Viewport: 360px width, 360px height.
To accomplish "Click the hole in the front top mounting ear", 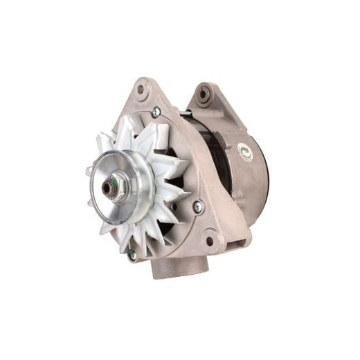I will click(142, 89).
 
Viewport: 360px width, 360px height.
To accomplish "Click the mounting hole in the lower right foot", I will click(210, 241).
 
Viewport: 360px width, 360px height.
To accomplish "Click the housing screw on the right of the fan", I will click(198, 204).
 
